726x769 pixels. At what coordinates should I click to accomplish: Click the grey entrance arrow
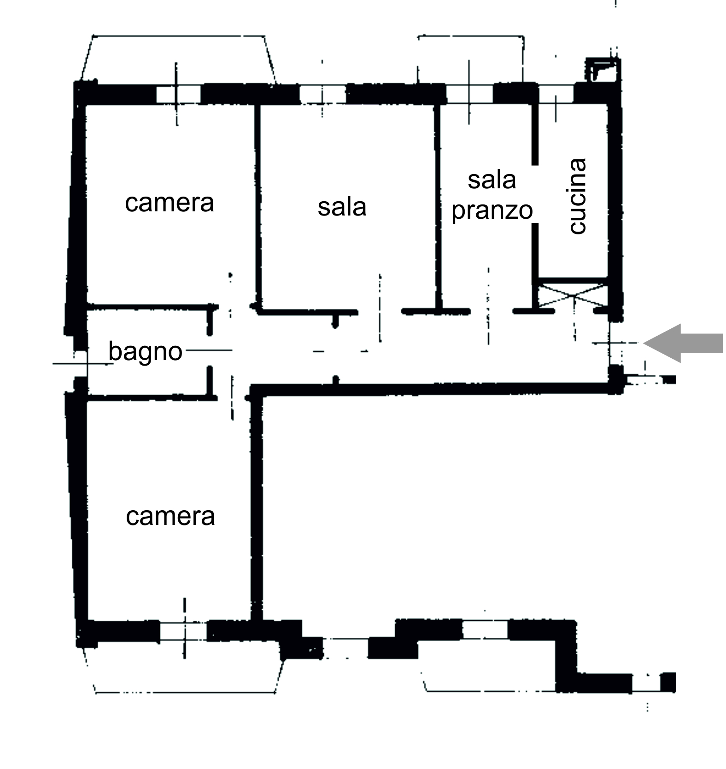[x=683, y=343]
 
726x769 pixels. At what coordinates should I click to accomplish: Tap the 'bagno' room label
[x=146, y=353]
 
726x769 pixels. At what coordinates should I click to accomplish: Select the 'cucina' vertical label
[x=577, y=197]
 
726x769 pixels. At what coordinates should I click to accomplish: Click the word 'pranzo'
[x=492, y=211]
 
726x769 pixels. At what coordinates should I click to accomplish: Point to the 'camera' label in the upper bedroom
[x=170, y=203]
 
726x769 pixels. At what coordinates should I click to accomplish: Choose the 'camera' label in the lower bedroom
[x=170, y=516]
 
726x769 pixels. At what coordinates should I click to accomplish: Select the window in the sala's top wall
[x=322, y=95]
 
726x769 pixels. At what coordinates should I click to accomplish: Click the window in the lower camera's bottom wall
[x=183, y=631]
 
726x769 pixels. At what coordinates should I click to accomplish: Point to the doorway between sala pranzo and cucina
[x=535, y=194]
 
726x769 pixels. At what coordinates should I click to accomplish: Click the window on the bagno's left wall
[x=80, y=364]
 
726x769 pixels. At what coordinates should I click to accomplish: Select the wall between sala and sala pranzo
[x=438, y=207]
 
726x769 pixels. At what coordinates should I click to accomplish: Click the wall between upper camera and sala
[x=258, y=207]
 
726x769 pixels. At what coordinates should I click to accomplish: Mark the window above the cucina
[x=556, y=94]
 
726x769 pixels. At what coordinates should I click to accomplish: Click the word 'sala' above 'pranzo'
[x=492, y=180]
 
